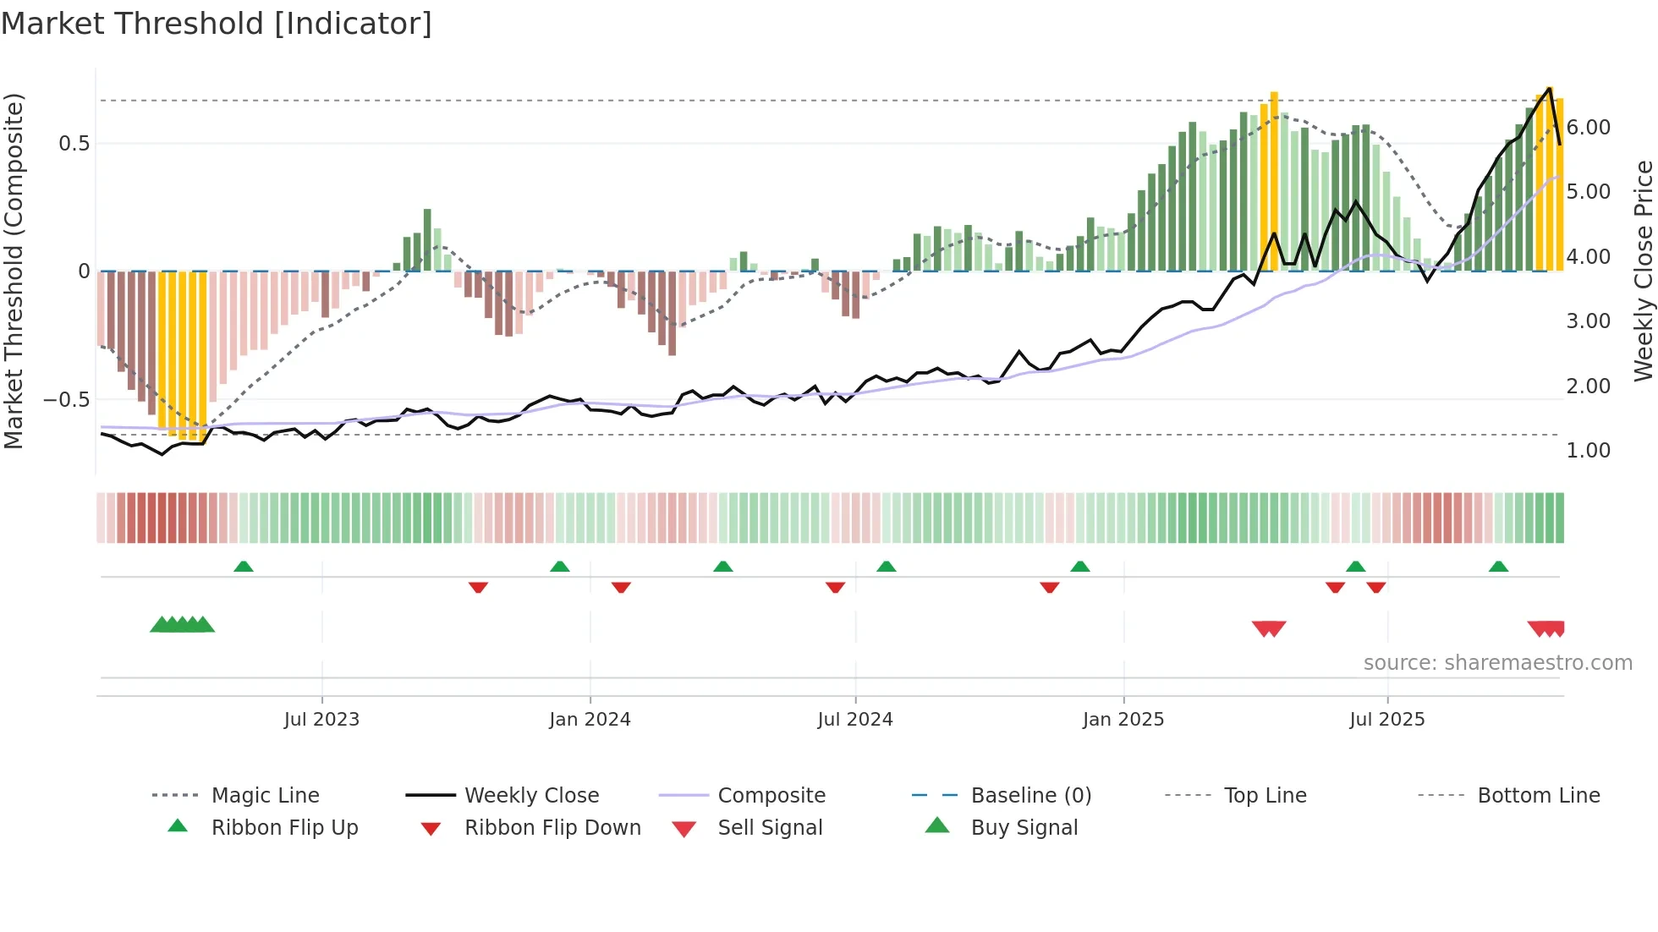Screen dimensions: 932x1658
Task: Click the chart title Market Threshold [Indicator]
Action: click(x=217, y=24)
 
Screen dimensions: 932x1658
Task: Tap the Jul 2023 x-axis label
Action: click(x=321, y=720)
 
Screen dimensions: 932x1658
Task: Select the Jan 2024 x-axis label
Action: click(x=590, y=720)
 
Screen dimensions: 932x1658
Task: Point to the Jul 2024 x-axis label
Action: click(x=855, y=720)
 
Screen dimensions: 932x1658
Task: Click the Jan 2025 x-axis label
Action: click(x=1123, y=720)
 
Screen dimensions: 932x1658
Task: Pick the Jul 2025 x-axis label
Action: click(x=1387, y=720)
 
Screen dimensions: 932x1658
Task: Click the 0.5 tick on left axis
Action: click(x=74, y=144)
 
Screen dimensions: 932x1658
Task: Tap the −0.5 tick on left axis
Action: click(x=67, y=399)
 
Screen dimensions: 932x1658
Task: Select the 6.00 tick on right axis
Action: click(x=1589, y=128)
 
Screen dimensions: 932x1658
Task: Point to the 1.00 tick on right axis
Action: click(x=1589, y=451)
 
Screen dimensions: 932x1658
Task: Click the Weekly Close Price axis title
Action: click(x=1643, y=271)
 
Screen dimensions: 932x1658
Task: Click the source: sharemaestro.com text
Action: click(x=1497, y=663)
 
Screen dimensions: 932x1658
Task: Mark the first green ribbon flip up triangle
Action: click(x=244, y=567)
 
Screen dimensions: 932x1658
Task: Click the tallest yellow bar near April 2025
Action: click(x=1274, y=182)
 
